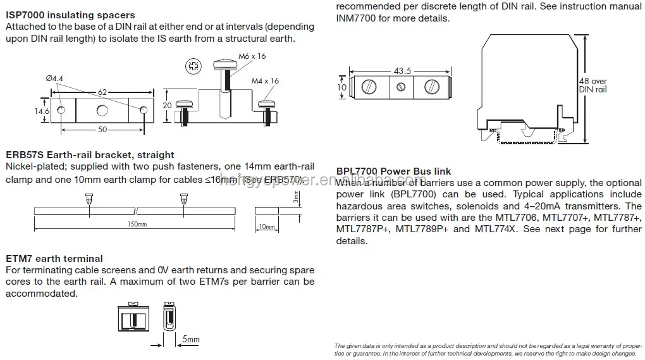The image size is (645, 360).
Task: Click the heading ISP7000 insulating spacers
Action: click(70, 15)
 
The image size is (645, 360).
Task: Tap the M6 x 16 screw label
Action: click(253, 56)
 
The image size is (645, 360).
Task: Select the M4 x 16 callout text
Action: click(265, 81)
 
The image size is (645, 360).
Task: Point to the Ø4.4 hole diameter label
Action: click(55, 78)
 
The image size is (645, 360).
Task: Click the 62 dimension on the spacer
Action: click(101, 92)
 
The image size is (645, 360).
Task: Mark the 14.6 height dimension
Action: click(42, 111)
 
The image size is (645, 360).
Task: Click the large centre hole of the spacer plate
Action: click(102, 111)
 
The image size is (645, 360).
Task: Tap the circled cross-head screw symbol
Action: click(193, 65)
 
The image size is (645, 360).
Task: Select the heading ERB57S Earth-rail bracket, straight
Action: click(90, 155)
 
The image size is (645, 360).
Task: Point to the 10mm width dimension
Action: click(266, 227)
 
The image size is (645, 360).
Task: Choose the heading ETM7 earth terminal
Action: click(54, 258)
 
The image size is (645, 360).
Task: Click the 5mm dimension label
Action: click(190, 340)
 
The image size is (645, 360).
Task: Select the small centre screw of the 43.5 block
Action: click(400, 87)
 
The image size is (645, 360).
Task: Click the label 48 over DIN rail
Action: click(593, 85)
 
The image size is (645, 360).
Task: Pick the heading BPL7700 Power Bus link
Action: click(393, 171)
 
